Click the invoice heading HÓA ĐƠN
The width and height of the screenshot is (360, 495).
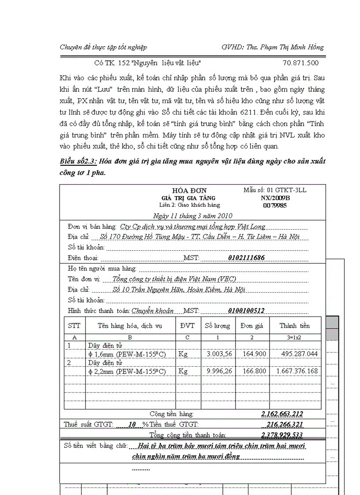[x=189, y=190]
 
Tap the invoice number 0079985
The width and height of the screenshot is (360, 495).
[x=275, y=205]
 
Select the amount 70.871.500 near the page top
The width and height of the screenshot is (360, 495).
[x=300, y=63]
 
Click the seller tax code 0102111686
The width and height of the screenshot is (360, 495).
[x=247, y=258]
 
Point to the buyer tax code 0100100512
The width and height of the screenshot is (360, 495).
[x=246, y=311]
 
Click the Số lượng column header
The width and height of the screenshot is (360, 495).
[x=217, y=326]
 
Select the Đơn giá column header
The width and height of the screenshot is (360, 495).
[x=252, y=326]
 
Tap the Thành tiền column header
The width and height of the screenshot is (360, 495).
[x=294, y=326]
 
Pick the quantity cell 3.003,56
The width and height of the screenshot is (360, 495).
[x=219, y=354]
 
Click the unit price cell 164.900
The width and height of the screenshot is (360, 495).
[x=255, y=354]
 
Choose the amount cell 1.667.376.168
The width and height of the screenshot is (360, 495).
[x=297, y=371]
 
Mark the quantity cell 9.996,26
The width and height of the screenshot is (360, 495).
[x=219, y=371]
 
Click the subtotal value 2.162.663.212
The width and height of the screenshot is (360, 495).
[x=282, y=414]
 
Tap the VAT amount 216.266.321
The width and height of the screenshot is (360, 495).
[x=285, y=424]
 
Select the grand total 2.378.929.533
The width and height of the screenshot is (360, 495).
[x=282, y=435]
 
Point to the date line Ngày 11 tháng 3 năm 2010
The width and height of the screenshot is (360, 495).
[x=192, y=216]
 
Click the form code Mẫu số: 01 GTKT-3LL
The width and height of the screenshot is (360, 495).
[x=275, y=190]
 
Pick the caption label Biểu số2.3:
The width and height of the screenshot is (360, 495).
[x=78, y=161]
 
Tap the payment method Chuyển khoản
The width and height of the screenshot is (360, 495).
[x=152, y=311]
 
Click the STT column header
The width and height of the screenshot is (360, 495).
[x=74, y=326]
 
